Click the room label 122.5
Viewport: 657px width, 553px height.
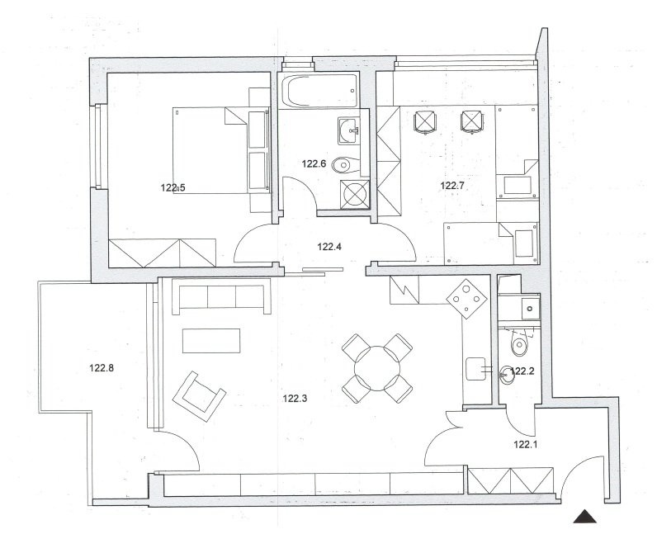pyautogui.click(x=173, y=187)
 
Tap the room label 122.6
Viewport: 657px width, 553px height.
pyautogui.click(x=314, y=163)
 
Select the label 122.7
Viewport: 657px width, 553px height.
pyautogui.click(x=452, y=185)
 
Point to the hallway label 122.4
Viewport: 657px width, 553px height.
pyautogui.click(x=329, y=247)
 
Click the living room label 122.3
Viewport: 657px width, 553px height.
pyautogui.click(x=295, y=399)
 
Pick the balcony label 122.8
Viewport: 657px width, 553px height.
pyautogui.click(x=102, y=368)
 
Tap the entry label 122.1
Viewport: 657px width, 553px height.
pyautogui.click(x=526, y=445)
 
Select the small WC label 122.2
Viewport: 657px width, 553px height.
pyautogui.click(x=522, y=371)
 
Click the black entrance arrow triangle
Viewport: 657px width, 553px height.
pyautogui.click(x=585, y=517)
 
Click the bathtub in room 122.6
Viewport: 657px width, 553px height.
pyautogui.click(x=320, y=91)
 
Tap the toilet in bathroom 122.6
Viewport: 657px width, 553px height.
pyautogui.click(x=346, y=164)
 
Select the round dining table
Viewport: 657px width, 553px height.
pyautogui.click(x=377, y=369)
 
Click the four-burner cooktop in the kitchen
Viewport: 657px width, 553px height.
pyautogui.click(x=467, y=299)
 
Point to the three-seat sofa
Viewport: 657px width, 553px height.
pyautogui.click(x=222, y=299)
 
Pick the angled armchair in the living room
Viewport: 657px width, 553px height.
pyautogui.click(x=199, y=396)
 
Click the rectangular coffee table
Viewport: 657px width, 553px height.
pyautogui.click(x=211, y=341)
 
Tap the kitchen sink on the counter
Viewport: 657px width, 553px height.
pyautogui.click(x=476, y=369)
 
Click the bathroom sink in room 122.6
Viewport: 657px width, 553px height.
pyautogui.click(x=348, y=130)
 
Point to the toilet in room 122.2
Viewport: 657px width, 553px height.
pyautogui.click(x=519, y=343)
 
